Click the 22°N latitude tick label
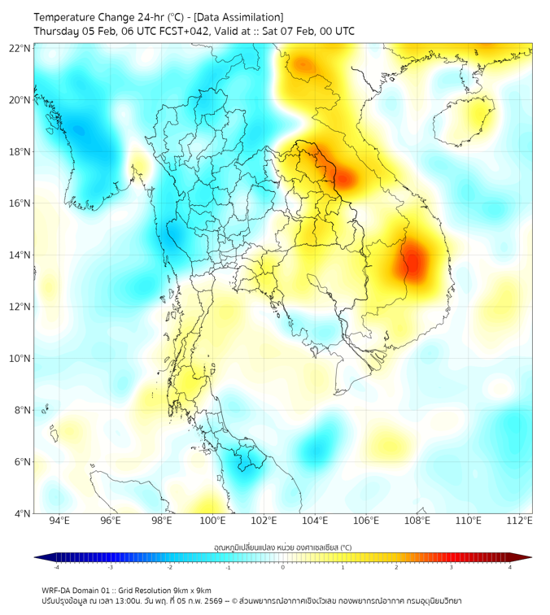click(x=20, y=48)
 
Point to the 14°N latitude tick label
click(x=20, y=255)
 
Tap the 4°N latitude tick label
click(x=23, y=513)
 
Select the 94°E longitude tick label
click(x=59, y=521)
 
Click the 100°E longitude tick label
click(x=212, y=521)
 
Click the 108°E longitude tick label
click(x=417, y=521)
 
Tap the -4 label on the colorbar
click(x=56, y=567)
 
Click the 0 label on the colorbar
click(x=283, y=567)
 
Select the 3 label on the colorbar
click(x=452, y=567)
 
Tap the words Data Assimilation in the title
click(x=242, y=17)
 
